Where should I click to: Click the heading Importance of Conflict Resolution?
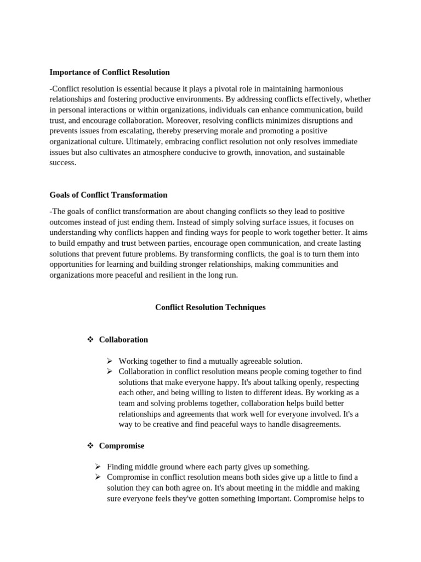[x=110, y=72]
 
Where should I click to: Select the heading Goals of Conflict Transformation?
[x=109, y=195]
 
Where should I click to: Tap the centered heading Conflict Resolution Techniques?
[x=210, y=307]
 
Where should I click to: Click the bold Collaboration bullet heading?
[x=123, y=340]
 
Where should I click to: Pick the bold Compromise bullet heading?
[x=122, y=446]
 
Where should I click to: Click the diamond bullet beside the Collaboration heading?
[x=91, y=340]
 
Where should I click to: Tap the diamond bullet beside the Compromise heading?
[x=91, y=446]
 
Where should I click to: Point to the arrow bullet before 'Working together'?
[x=110, y=361]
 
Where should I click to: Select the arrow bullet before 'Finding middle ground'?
[x=98, y=467]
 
